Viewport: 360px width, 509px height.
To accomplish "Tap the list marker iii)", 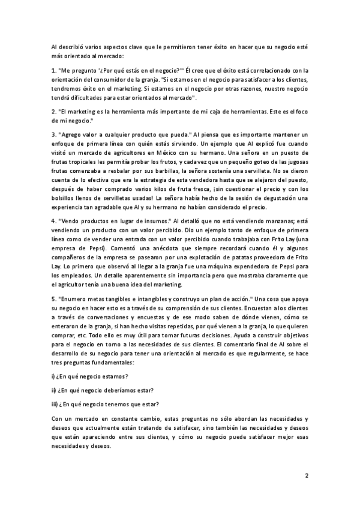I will click(55, 403).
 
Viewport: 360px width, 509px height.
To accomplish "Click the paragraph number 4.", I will click(53, 220).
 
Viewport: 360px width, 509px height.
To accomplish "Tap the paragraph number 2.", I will click(53, 110).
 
